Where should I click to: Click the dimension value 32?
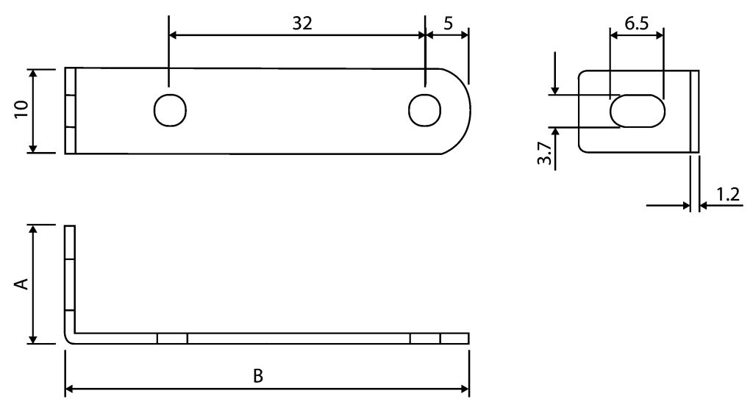tap(302, 23)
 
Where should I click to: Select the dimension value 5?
tap(448, 23)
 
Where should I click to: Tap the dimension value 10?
tap(21, 110)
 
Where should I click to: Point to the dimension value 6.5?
tap(637, 23)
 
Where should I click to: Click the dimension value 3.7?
tap(545, 154)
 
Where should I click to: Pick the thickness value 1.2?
tap(728, 195)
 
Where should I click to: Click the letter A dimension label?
tap(21, 284)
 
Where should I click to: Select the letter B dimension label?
tap(258, 376)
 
